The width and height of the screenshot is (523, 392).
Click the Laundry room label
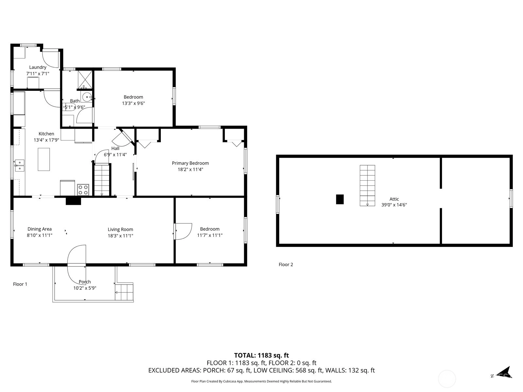[38, 67]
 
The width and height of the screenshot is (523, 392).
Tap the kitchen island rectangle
[44, 159]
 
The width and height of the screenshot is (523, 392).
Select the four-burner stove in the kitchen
[83, 190]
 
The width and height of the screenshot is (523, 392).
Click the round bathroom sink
[87, 97]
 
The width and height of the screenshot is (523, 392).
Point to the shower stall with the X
[85, 79]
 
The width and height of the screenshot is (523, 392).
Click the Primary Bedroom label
[190, 163]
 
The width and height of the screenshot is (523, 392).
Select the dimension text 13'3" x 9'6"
[133, 103]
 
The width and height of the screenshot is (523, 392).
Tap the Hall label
[115, 149]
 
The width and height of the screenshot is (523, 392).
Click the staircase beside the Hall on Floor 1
[102, 180]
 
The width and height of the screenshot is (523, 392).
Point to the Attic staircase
[367, 186]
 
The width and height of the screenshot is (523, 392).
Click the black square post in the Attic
[340, 200]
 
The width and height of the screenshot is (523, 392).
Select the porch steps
[124, 292]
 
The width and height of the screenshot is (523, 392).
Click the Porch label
[85, 282]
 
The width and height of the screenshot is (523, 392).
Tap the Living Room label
[120, 229]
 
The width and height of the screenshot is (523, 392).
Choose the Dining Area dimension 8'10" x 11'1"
[40, 236]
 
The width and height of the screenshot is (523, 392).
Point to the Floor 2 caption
[286, 265]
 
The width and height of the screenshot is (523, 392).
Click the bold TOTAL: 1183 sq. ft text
[261, 355]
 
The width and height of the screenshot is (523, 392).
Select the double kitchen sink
[20, 165]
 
